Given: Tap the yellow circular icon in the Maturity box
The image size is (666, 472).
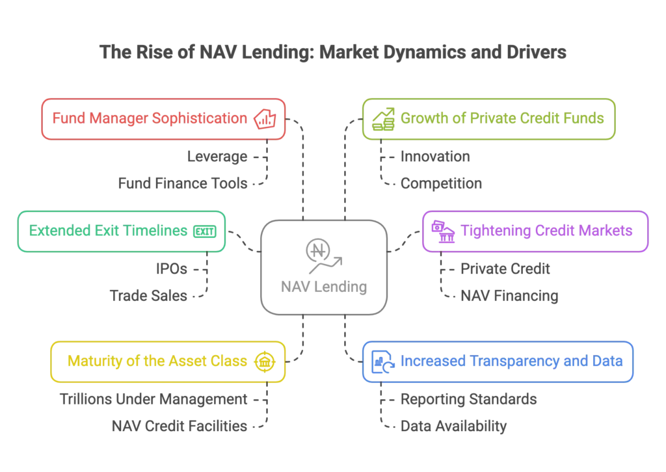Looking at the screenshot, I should point(264,361).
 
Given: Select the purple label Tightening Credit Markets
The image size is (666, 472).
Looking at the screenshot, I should point(546,230).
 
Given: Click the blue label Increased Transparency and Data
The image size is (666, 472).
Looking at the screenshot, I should point(512,361).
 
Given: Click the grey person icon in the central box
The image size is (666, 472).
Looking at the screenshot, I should point(320,254).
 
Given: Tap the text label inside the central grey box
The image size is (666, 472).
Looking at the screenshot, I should point(325,286).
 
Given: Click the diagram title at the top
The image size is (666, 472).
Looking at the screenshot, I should point(332,53).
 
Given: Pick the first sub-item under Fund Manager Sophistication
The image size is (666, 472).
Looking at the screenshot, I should point(219,157).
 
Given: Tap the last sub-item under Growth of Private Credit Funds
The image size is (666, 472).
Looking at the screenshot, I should point(441,185).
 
